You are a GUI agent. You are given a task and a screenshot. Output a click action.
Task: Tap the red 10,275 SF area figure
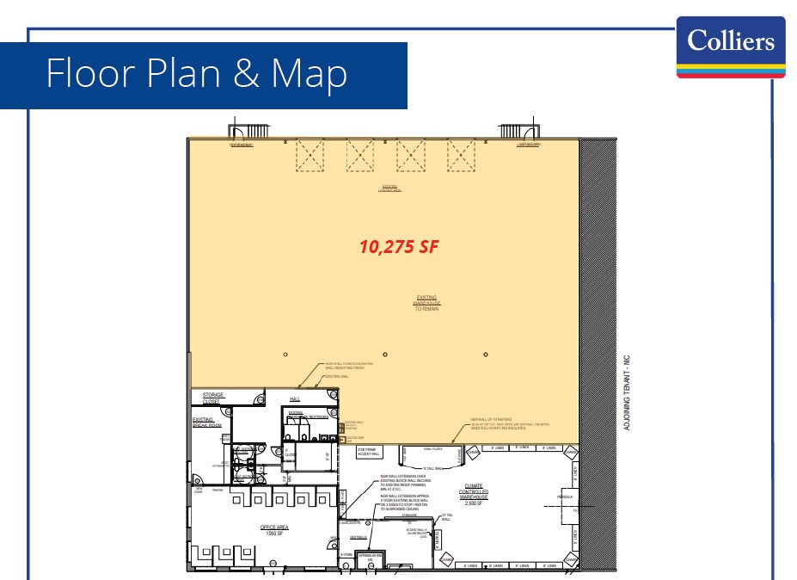tap(399, 247)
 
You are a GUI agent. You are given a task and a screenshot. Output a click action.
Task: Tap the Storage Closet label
tap(212, 398)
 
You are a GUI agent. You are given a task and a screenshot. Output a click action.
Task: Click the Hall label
tap(294, 399)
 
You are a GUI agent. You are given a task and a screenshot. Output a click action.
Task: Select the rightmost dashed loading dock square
tap(461, 156)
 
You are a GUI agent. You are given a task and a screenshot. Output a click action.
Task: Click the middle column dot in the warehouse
tap(385, 355)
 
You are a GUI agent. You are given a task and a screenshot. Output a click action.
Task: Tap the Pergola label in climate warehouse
tap(565, 497)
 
